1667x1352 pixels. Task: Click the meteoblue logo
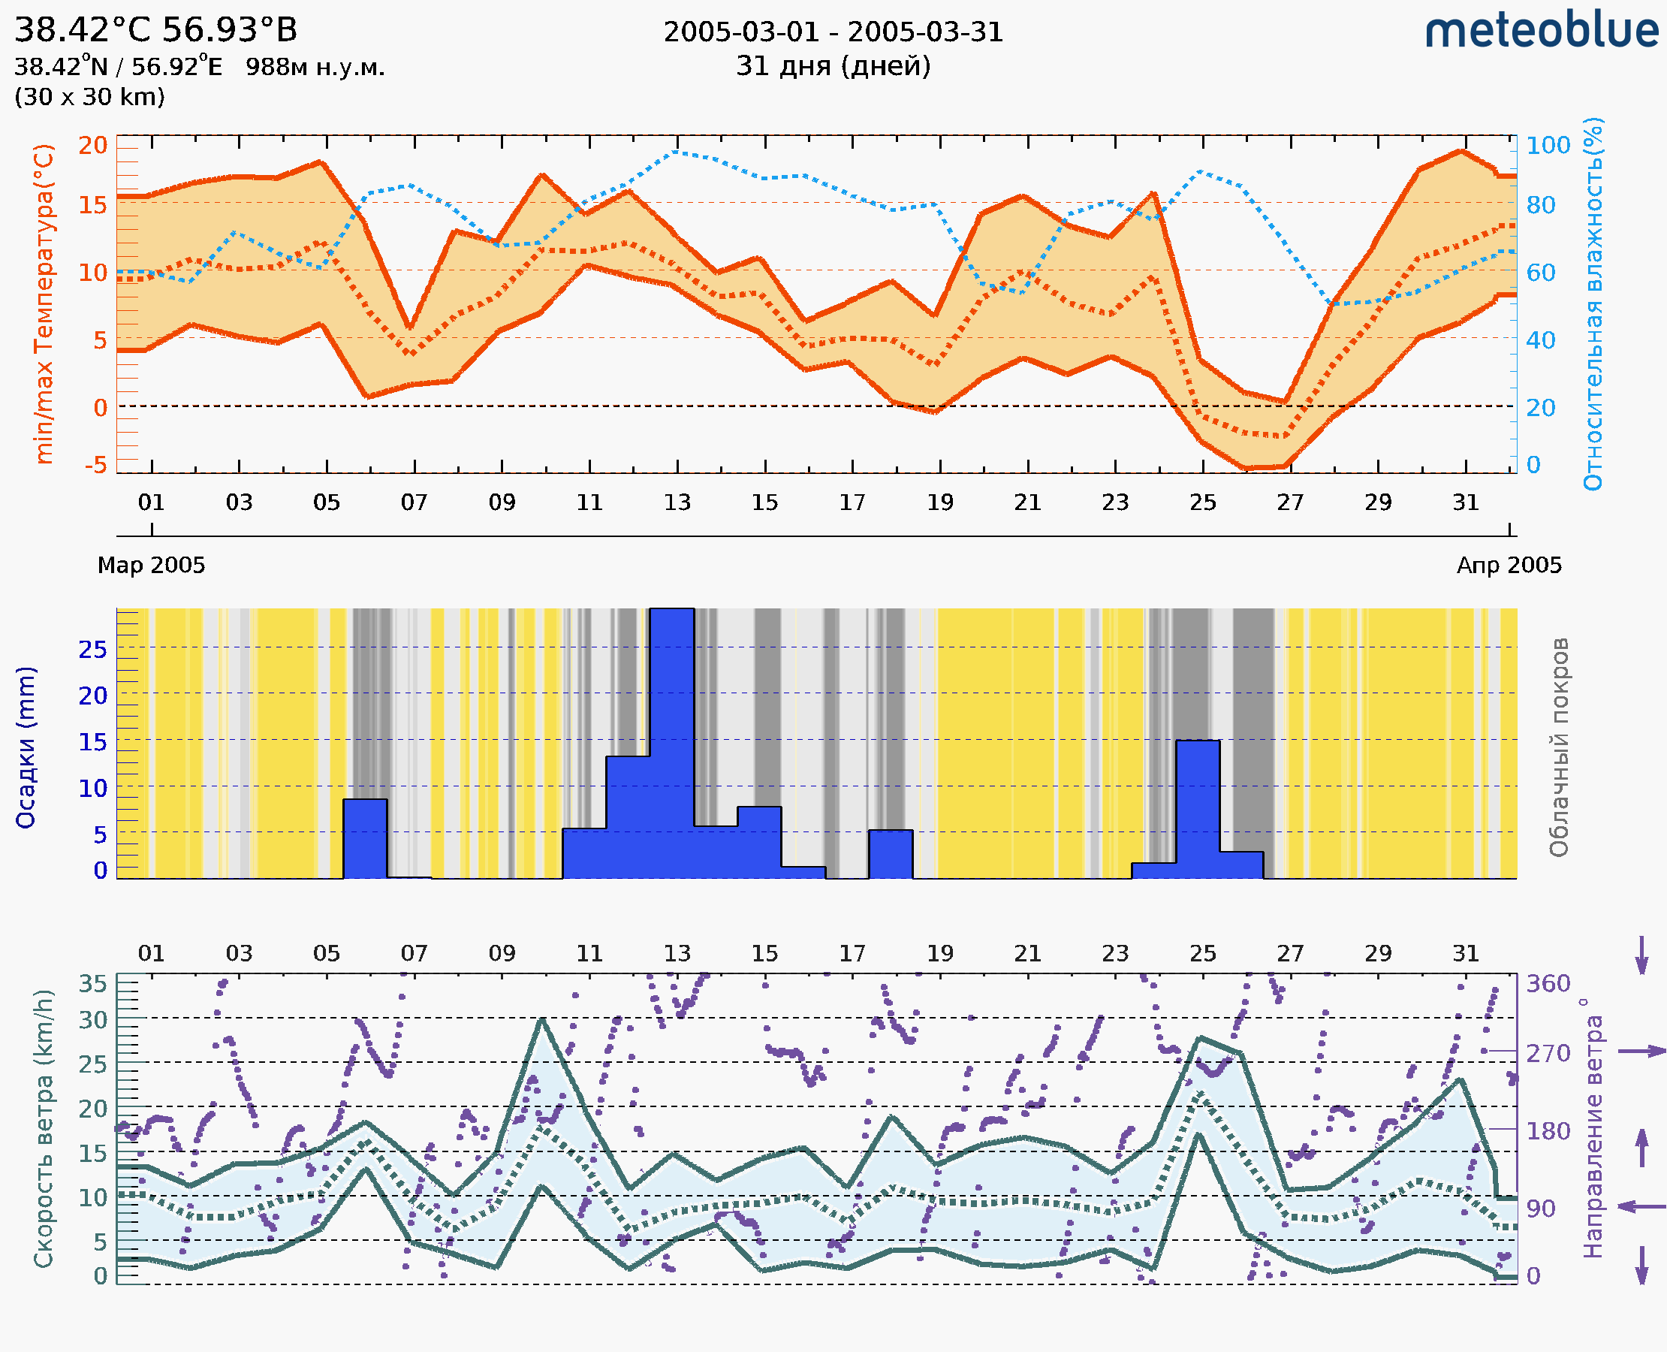1541,31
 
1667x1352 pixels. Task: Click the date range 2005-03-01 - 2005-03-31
833,32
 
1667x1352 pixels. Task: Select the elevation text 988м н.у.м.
315,67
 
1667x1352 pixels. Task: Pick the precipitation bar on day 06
365,838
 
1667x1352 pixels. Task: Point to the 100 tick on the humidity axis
1548,145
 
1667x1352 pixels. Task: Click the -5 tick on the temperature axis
96,465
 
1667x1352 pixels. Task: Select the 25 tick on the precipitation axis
92,649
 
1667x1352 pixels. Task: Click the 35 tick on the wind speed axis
92,984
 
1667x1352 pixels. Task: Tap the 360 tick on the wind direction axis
1548,984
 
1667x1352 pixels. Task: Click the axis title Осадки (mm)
26,747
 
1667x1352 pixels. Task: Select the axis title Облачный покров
1559,747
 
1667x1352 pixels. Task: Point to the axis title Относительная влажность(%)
1593,303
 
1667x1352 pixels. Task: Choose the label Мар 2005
151,565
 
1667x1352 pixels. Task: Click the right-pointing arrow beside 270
1641,1052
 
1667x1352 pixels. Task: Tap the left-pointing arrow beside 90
1641,1206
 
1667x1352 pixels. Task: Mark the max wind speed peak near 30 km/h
542,1019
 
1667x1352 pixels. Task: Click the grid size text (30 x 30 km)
89,97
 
